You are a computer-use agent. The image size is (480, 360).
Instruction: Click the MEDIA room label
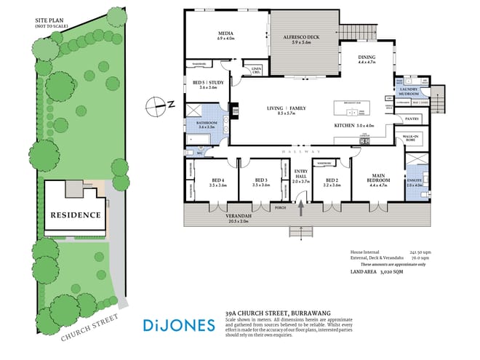coord(225,33)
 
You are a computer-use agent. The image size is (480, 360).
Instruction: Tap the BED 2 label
coord(332,180)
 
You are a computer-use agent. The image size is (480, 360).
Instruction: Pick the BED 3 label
coord(260,180)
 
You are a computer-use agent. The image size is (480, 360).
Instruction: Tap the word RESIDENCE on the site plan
coord(75,215)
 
